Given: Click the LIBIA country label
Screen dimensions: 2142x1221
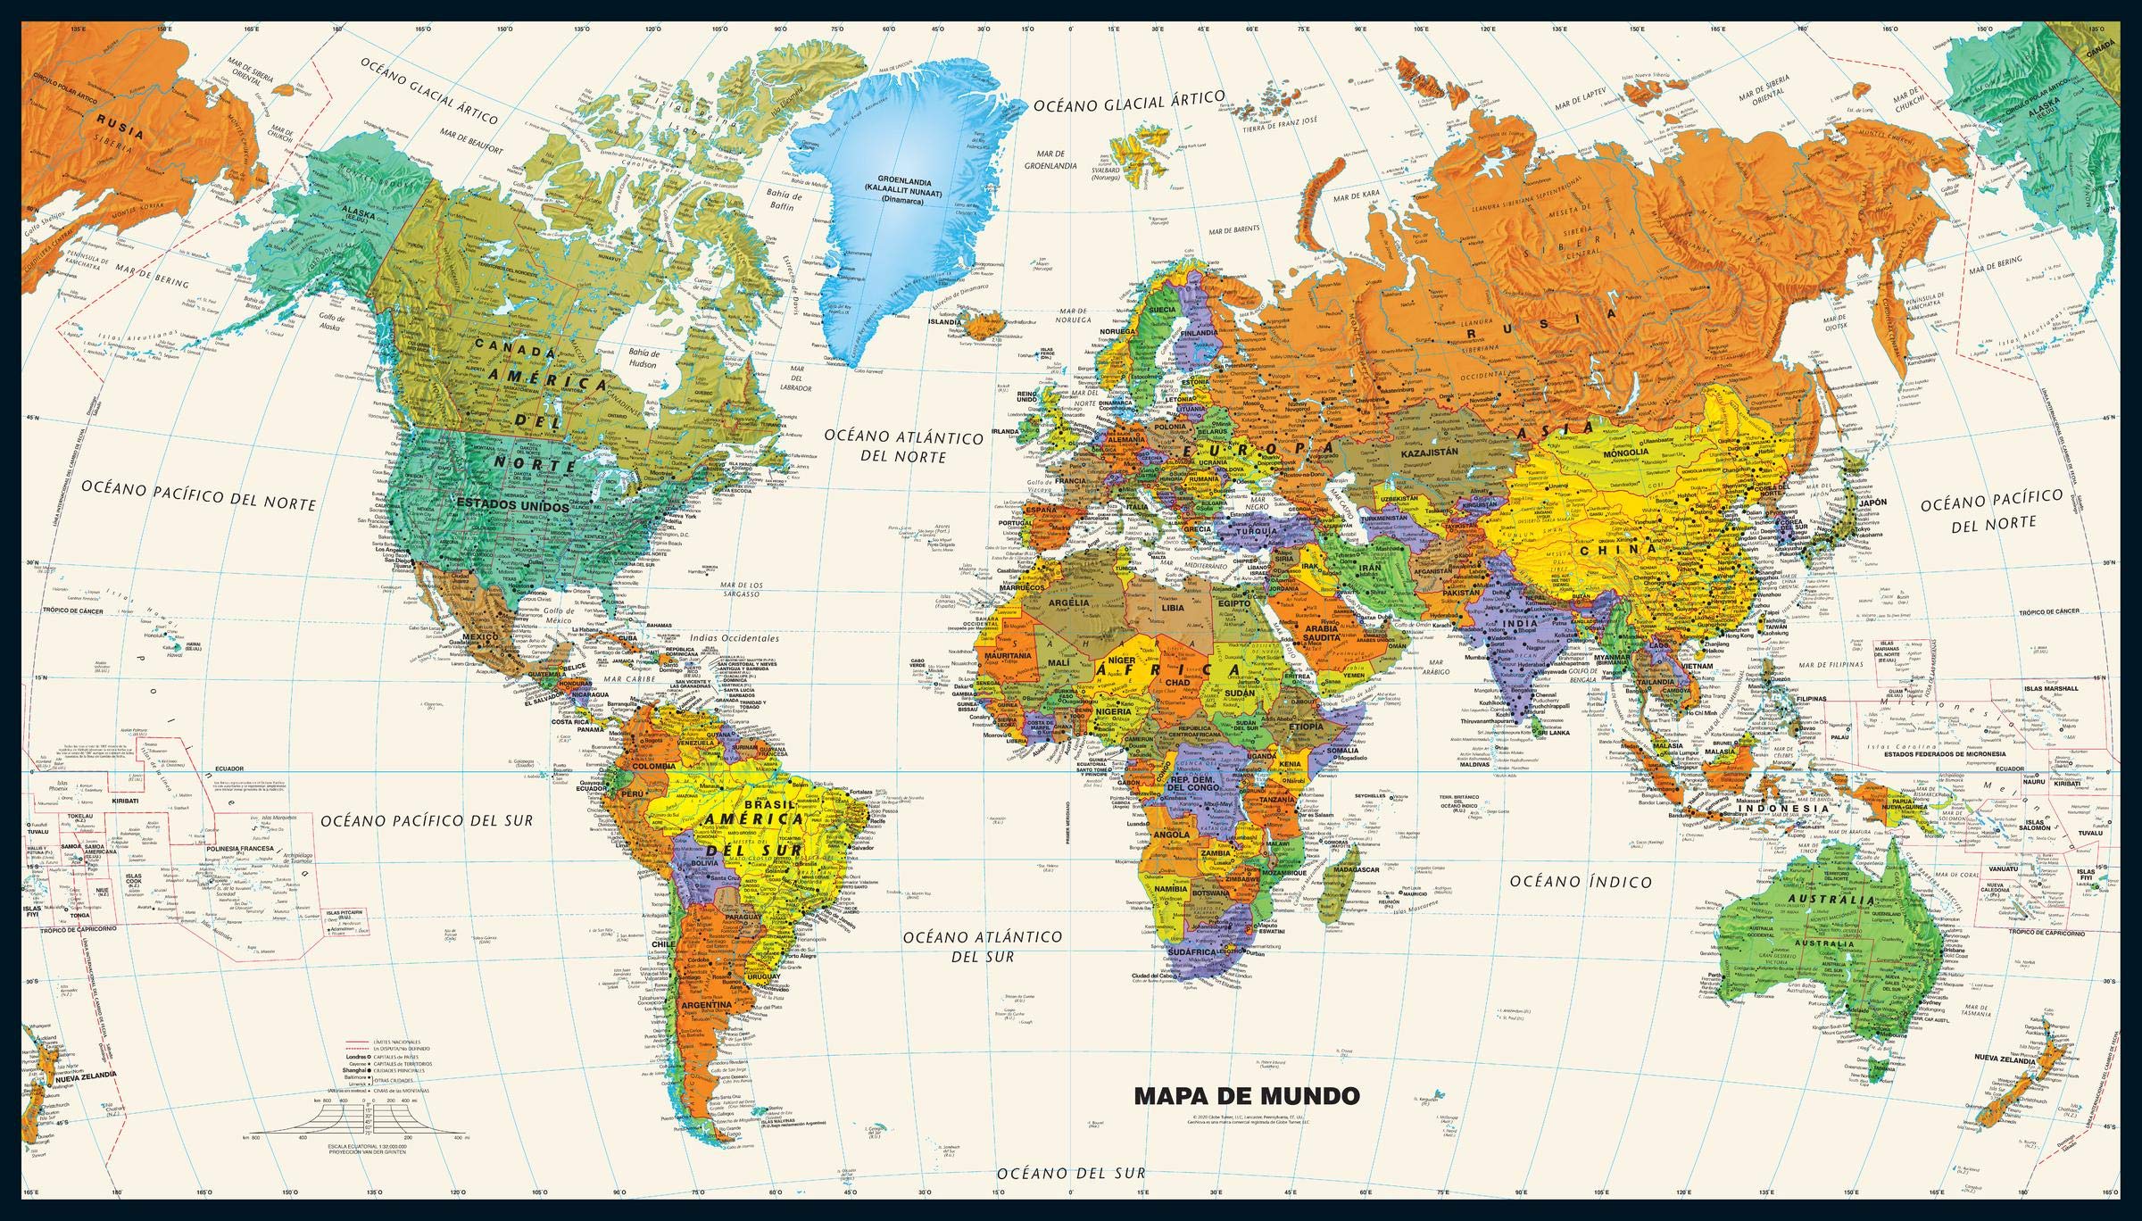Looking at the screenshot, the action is coord(1172,607).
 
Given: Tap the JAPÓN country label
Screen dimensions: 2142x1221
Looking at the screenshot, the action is coord(1872,503).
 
